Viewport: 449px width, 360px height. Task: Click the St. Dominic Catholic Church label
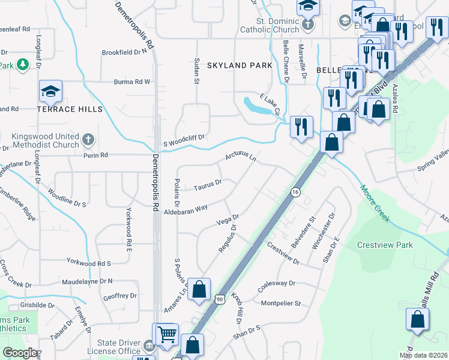[270, 25]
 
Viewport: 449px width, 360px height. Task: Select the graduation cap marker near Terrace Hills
[51, 92]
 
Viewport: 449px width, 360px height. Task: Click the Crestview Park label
[385, 245]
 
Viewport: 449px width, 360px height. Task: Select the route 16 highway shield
[295, 191]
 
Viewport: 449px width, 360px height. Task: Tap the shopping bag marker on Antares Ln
[199, 290]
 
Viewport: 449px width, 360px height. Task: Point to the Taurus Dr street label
[208, 185]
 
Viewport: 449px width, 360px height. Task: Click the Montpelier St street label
[280, 304]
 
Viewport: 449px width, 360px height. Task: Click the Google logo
[19, 353]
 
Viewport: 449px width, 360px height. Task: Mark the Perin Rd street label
[95, 155]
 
